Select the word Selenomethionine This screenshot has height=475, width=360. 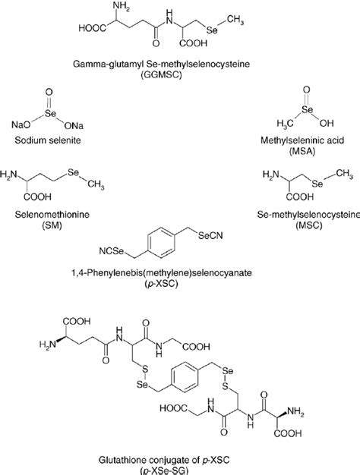coord(50,216)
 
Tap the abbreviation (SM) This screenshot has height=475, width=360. coord(50,227)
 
